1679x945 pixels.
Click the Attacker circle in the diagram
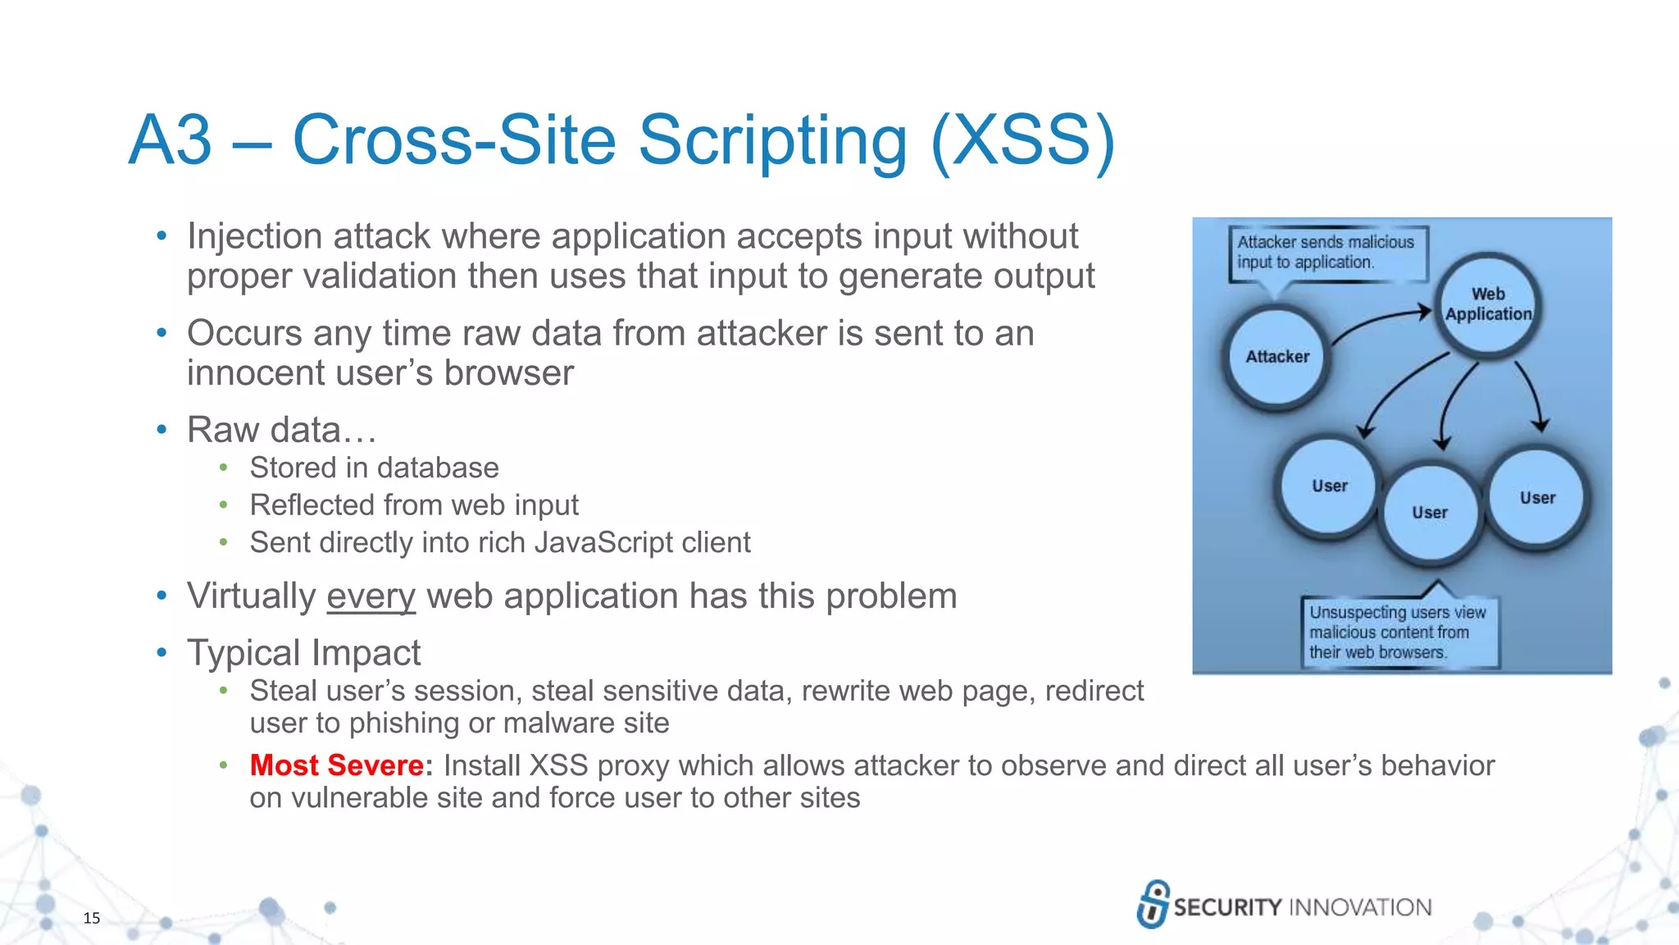coord(1276,357)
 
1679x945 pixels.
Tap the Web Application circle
coord(1487,304)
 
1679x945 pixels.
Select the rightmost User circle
coord(1536,498)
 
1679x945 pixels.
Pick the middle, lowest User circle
coord(1430,513)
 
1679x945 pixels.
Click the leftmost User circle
coord(1329,486)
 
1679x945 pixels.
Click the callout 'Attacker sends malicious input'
coord(1326,253)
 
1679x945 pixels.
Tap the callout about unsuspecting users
coord(1399,632)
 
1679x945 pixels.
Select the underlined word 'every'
coord(371,596)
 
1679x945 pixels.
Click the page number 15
coord(92,918)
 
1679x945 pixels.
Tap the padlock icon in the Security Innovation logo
coord(1153,904)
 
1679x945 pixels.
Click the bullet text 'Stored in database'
coord(374,468)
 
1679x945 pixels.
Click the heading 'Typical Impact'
coord(303,653)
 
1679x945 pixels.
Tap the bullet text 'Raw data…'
coord(281,430)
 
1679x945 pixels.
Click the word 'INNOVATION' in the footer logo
coord(1360,907)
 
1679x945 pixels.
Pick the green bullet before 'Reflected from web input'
coord(223,505)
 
